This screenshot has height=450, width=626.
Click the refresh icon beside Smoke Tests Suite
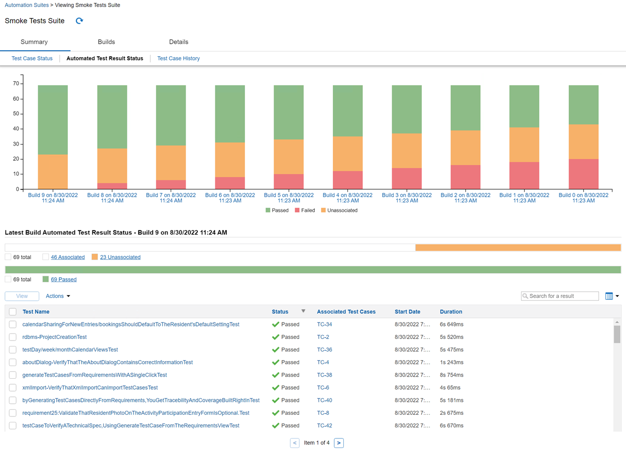(79, 21)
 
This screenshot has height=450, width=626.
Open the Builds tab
(106, 42)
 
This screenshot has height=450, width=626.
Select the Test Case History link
(178, 59)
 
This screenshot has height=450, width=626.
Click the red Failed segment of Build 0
(583, 174)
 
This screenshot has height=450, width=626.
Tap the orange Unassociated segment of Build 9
(53, 172)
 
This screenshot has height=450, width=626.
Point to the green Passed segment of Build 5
(289, 113)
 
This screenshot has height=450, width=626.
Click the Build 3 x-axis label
(407, 198)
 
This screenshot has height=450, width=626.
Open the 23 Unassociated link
(120, 257)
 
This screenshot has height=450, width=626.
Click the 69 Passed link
(64, 280)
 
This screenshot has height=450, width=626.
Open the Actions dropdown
(58, 296)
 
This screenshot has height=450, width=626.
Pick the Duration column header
(451, 312)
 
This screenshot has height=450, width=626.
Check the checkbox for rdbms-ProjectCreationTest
(13, 338)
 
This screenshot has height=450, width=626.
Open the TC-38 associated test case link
(324, 375)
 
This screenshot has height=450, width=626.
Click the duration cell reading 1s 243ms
(451, 363)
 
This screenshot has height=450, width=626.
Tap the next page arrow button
(339, 443)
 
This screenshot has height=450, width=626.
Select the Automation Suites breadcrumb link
(27, 5)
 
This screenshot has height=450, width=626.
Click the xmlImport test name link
(90, 388)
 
